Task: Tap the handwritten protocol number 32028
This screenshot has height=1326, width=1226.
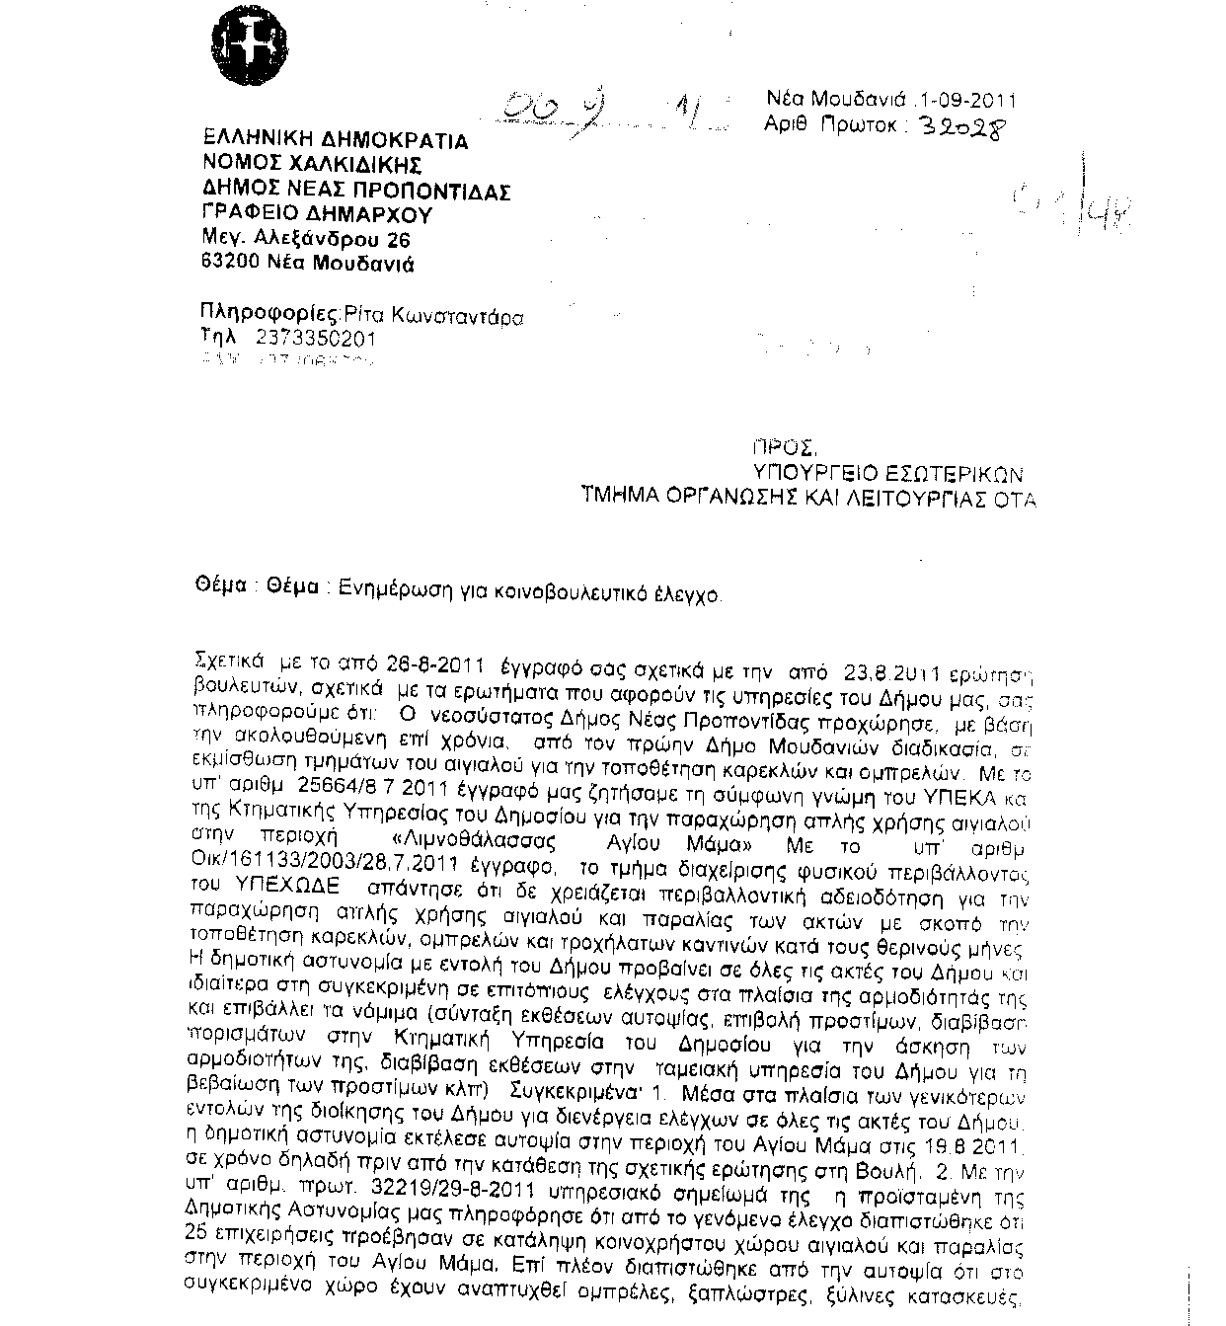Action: point(965,127)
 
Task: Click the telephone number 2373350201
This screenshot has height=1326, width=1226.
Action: point(315,339)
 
